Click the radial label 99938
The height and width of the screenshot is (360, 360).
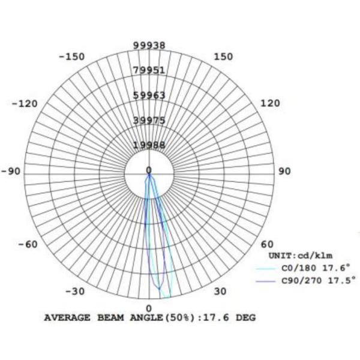click(149, 45)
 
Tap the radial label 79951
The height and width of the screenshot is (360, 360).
click(149, 70)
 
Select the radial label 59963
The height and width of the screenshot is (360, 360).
click(149, 95)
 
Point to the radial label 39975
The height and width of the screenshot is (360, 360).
click(149, 121)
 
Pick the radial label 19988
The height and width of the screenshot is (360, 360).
click(149, 145)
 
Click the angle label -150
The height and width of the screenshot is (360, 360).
click(72, 57)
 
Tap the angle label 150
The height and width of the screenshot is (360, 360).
click(223, 57)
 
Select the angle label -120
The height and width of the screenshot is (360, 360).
click(25, 104)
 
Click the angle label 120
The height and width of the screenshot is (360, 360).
click(270, 103)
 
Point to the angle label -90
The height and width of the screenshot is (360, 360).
click(11, 171)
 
